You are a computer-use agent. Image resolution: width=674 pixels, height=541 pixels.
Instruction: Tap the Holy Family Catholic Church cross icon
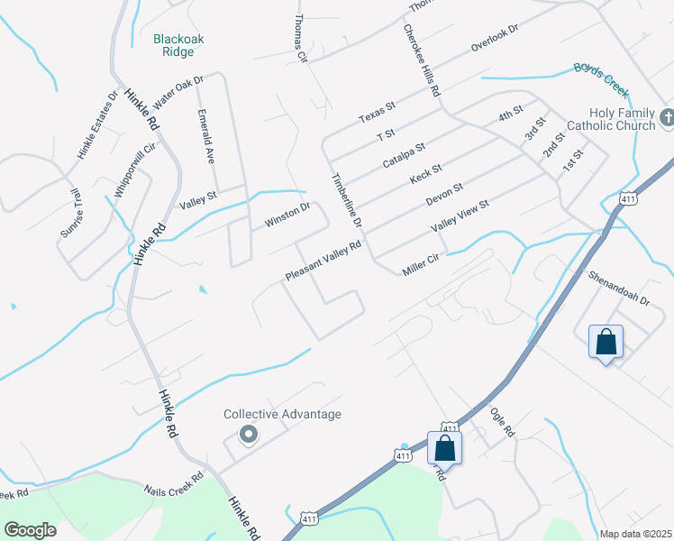click(x=667, y=117)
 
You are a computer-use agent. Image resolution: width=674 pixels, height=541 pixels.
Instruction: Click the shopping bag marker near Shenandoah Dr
click(x=606, y=343)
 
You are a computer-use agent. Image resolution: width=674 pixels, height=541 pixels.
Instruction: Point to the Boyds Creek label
click(x=601, y=74)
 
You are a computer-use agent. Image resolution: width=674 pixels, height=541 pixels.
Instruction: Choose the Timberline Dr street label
click(x=347, y=200)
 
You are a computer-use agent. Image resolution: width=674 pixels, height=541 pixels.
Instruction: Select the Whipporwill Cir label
click(x=129, y=170)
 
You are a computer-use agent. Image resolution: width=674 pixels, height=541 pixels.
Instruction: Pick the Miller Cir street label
click(x=421, y=262)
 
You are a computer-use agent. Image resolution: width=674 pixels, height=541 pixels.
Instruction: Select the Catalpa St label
click(x=404, y=147)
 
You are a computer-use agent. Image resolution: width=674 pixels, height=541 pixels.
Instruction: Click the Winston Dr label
click(x=287, y=215)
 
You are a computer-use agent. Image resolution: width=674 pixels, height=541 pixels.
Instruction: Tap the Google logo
click(x=30, y=530)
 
